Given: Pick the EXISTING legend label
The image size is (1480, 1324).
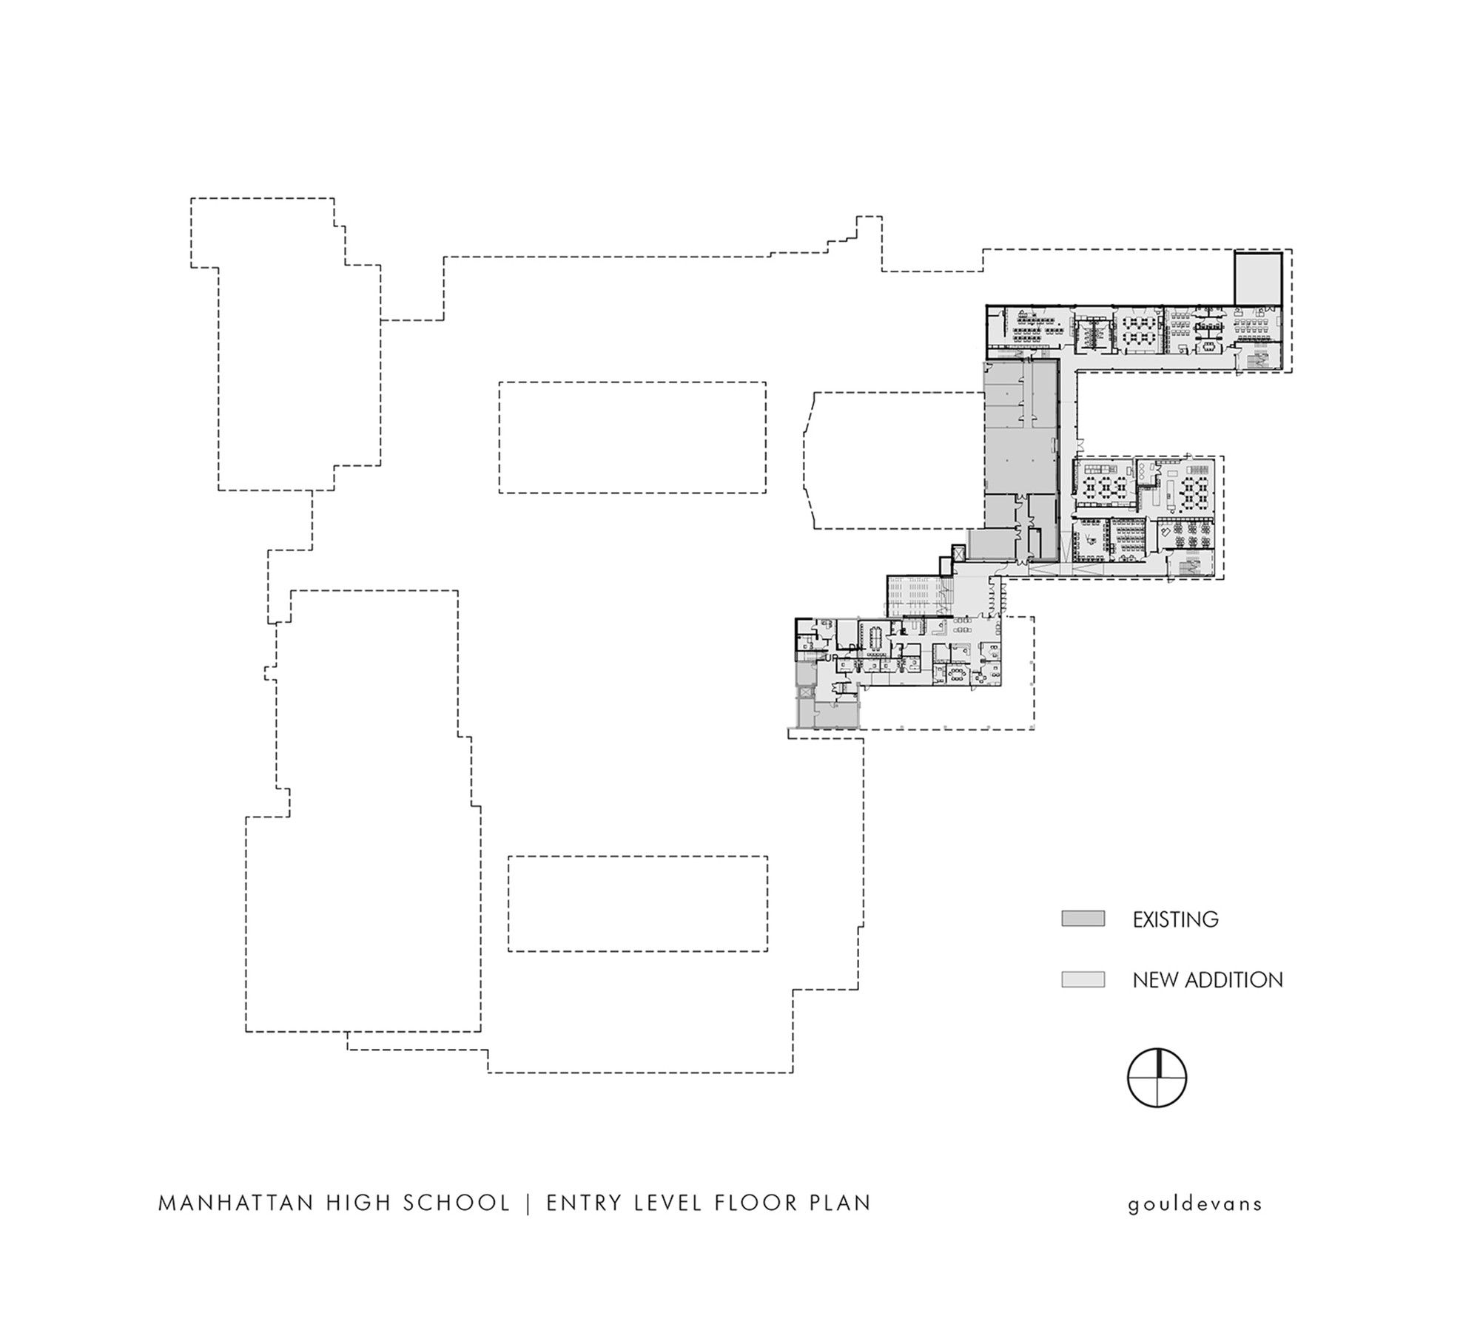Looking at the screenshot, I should [1175, 919].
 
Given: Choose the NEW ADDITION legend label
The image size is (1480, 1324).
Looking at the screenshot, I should [1208, 980].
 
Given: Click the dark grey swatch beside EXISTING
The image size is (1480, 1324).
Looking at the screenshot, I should [1083, 919].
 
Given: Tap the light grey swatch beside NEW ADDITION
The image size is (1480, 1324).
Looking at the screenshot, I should [1083, 979].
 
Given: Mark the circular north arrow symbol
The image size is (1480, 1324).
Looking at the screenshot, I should [1157, 1078].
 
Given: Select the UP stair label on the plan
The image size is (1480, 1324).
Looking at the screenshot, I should [831, 657].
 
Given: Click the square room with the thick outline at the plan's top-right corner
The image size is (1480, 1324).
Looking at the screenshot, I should [1257, 277].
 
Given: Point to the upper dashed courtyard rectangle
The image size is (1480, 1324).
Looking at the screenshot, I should [632, 437].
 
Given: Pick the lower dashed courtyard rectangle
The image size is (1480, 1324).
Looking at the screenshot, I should [637, 903].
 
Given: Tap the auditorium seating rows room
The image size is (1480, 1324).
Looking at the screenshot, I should [915, 596].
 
